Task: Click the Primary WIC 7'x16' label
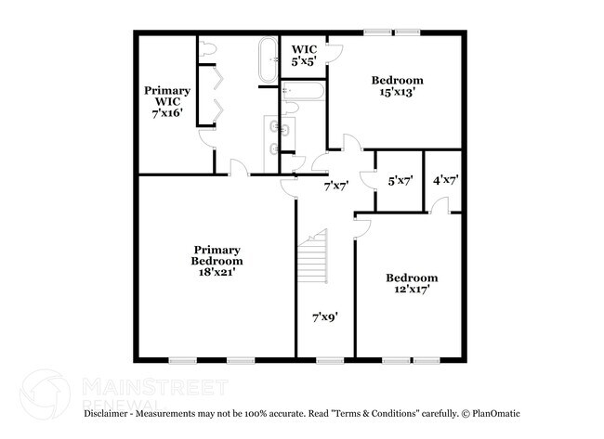pyautogui.click(x=168, y=101)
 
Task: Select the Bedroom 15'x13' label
pyautogui.click(x=398, y=86)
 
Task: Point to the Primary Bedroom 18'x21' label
pyautogui.click(x=217, y=262)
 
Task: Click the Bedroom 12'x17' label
pyautogui.click(x=412, y=284)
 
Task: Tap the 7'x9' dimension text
pyautogui.click(x=324, y=316)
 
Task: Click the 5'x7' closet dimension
pyautogui.click(x=400, y=181)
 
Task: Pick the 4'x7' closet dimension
pyautogui.click(x=446, y=181)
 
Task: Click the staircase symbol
pyautogui.click(x=315, y=259)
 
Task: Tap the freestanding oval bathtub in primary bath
pyautogui.click(x=267, y=58)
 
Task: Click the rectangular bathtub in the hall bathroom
pyautogui.click(x=303, y=93)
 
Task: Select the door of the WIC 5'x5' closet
pyautogui.click(x=335, y=51)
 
